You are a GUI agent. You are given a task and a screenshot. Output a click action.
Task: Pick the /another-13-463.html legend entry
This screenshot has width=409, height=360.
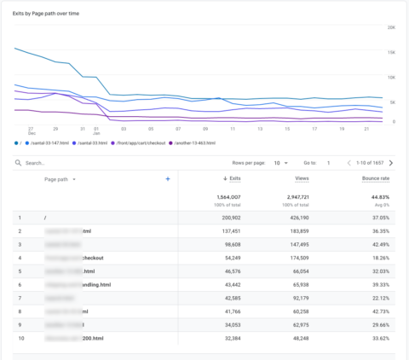tap(195, 142)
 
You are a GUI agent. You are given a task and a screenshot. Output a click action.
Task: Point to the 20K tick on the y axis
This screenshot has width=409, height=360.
tap(391, 28)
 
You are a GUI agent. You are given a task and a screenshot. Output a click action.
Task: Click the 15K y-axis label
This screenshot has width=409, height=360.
tap(391, 53)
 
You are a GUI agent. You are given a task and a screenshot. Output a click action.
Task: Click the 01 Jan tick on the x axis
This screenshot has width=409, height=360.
tap(96, 131)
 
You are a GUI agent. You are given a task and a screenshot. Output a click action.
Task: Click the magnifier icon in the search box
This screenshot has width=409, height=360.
tap(18, 162)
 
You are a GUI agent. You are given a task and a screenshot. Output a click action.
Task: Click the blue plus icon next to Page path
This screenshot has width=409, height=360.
tap(168, 179)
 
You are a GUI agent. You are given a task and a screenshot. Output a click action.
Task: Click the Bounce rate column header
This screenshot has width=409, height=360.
tap(376, 179)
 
